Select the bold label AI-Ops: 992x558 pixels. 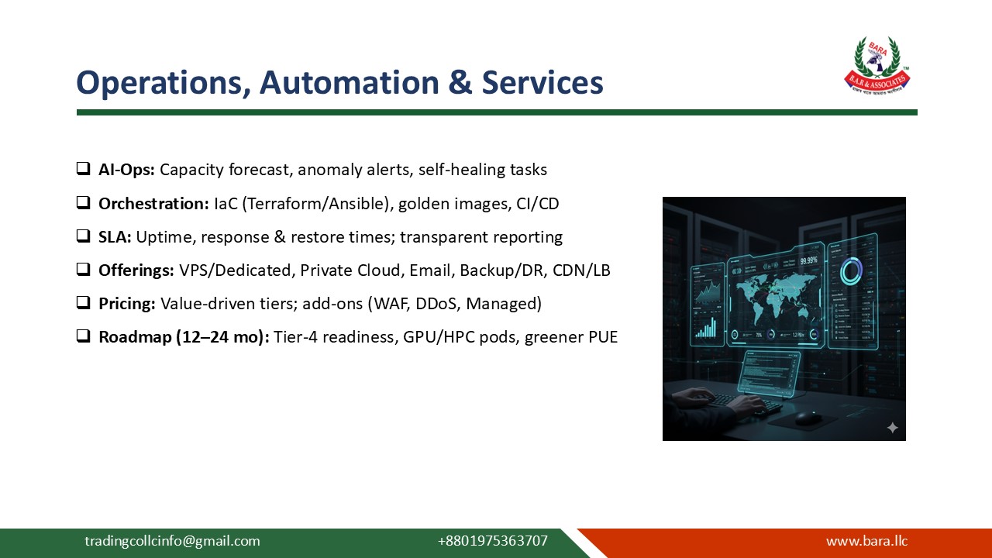[126, 169]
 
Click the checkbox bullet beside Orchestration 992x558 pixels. [83, 203]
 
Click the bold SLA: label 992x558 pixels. [115, 237]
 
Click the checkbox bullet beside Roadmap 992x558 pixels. [83, 337]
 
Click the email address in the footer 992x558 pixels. [172, 541]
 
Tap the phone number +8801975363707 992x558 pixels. [492, 541]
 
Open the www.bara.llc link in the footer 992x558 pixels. [866, 541]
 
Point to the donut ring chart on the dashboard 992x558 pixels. [852, 271]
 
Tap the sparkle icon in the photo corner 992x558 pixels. [892, 428]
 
